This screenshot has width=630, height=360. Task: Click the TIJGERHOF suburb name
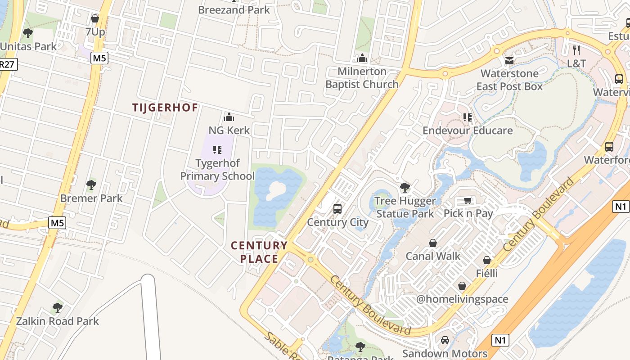165,108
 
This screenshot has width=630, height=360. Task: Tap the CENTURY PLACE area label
259,252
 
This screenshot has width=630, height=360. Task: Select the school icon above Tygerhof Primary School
217,150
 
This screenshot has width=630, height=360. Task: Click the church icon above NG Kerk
229,117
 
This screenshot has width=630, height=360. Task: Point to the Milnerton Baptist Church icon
362,58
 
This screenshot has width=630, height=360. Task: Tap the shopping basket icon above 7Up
95,18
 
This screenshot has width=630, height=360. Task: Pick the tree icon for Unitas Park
28,33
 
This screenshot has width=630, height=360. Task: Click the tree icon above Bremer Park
91,184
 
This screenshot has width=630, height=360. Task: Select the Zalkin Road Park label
57,321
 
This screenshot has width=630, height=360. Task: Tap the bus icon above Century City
337,209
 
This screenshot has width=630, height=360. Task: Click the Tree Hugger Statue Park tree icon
405,188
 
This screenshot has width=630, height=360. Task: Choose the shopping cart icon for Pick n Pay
468,200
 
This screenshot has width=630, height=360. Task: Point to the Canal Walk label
433,256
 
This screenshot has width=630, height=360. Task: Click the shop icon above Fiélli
487,260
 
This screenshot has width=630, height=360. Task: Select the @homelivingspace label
462,299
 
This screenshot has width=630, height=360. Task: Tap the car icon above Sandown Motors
445,340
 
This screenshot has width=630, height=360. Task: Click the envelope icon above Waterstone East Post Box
509,60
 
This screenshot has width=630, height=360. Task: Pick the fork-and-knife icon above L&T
576,50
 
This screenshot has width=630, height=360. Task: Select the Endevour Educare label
468,130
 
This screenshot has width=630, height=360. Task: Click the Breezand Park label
234,9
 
